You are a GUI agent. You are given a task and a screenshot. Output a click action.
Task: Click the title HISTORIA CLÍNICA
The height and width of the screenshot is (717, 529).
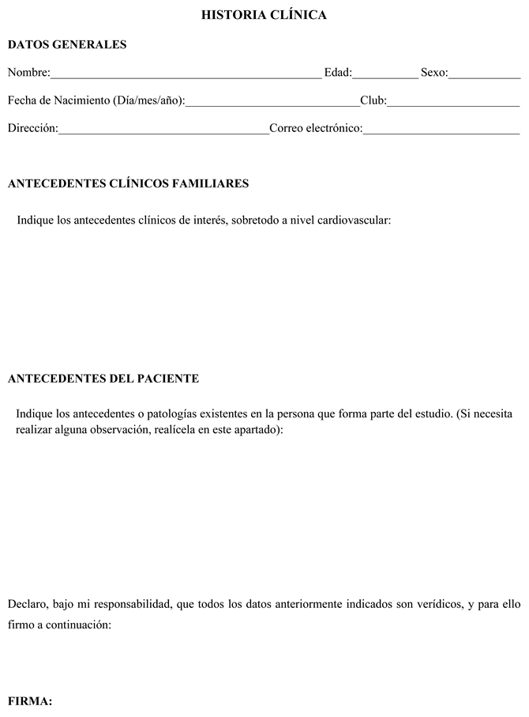click(x=264, y=15)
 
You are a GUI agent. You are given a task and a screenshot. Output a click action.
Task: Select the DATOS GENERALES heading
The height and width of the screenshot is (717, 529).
click(x=67, y=45)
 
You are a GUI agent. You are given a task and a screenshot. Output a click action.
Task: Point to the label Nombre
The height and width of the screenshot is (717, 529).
click(x=28, y=74)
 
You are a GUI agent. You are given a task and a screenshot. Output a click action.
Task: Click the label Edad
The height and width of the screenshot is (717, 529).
click(x=337, y=74)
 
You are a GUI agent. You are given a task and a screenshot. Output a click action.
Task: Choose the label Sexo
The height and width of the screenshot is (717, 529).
click(x=434, y=74)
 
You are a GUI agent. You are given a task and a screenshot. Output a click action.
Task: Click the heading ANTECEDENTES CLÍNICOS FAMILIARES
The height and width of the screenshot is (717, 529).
click(x=128, y=184)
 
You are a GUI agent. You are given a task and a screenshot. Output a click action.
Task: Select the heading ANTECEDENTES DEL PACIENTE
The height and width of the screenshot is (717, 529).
click(x=103, y=379)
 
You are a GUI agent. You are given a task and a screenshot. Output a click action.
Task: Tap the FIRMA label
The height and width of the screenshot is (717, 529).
click(x=29, y=700)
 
